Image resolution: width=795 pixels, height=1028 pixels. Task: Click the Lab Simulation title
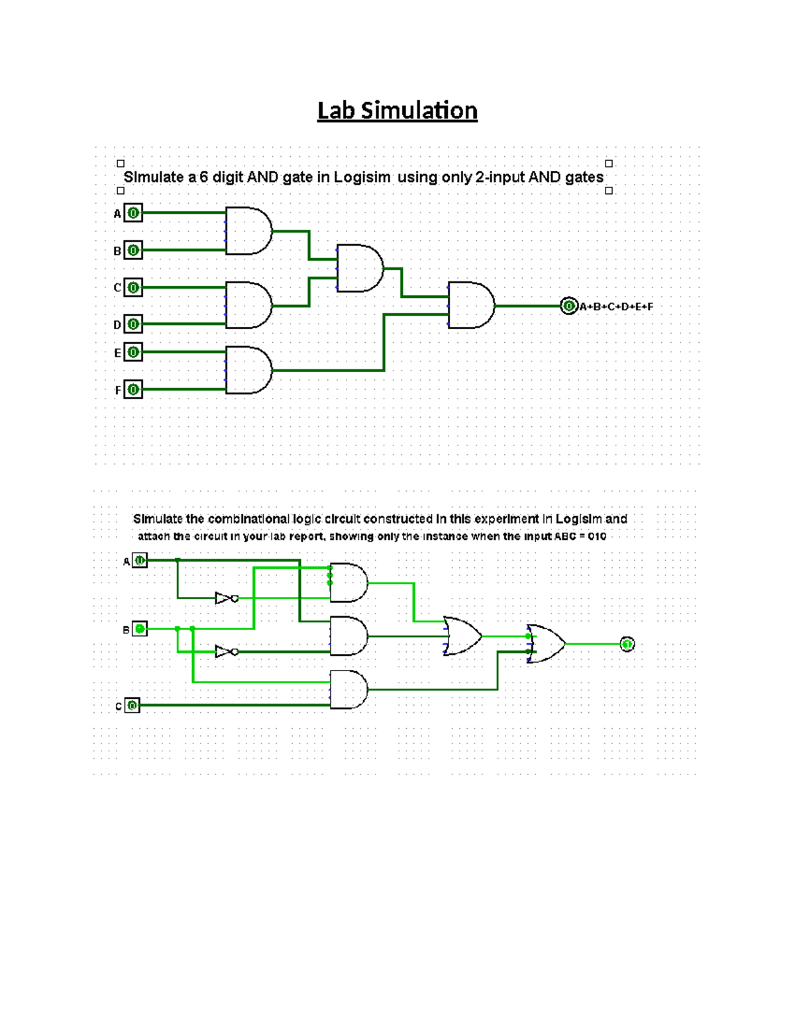click(397, 111)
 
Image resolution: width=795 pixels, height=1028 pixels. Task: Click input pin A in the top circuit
click(133, 213)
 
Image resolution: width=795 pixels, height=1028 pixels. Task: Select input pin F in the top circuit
click(133, 389)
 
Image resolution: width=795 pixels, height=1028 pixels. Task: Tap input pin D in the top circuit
click(133, 324)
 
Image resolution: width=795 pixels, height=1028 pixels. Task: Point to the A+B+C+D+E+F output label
click(616, 306)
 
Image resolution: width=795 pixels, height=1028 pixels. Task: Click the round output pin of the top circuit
click(568, 306)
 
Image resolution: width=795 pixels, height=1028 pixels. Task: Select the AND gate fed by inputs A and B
click(248, 231)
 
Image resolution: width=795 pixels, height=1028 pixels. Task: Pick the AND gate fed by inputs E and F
click(248, 370)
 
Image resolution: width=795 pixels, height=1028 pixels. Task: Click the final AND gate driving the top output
click(471, 305)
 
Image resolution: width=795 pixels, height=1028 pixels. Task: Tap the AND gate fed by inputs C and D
click(248, 305)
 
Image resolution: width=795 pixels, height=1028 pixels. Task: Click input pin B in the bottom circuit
click(140, 629)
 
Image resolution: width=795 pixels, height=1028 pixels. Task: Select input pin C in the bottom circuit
click(132, 706)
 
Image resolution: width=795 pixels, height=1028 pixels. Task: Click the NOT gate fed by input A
click(226, 598)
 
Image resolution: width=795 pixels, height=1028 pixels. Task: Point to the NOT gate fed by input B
click(226, 652)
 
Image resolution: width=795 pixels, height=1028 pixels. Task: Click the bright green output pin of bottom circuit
click(627, 644)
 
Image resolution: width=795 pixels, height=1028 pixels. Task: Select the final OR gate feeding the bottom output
click(546, 643)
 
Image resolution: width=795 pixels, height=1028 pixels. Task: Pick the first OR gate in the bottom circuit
click(462, 636)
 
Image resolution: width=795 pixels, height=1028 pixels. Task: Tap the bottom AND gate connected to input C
click(348, 690)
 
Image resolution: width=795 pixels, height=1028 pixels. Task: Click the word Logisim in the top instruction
click(362, 177)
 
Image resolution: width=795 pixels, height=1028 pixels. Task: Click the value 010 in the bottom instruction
click(597, 536)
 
